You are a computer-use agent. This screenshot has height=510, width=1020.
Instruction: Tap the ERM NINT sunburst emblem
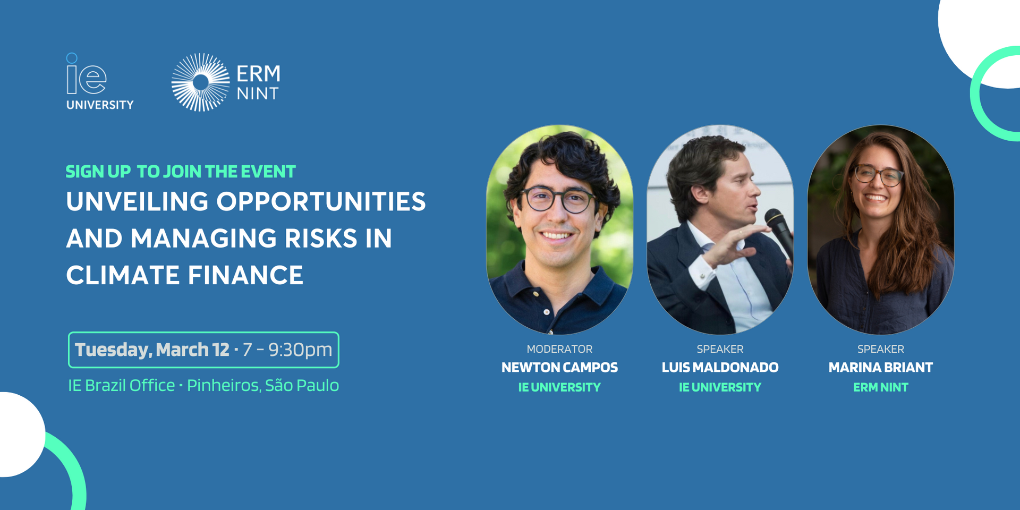tap(200, 82)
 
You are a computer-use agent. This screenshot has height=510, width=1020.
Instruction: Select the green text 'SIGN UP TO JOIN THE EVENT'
tap(181, 172)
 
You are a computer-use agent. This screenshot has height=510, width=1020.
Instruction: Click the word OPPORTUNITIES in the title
tap(321, 202)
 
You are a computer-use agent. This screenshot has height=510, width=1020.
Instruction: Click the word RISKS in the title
tap(321, 239)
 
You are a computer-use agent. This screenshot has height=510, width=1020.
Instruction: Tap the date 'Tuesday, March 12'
tap(152, 350)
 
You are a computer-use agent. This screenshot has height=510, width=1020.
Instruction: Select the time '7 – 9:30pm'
tap(287, 350)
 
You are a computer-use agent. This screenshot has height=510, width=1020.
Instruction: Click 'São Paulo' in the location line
tap(302, 385)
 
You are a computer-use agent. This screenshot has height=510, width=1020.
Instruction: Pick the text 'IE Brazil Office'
tap(121, 385)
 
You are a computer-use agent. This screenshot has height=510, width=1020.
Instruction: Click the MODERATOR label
tap(559, 349)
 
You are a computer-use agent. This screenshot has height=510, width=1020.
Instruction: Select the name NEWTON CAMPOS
tap(559, 368)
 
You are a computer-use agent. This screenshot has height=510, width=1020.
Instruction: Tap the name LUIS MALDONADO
tap(720, 368)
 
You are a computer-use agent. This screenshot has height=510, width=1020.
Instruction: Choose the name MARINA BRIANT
tap(880, 368)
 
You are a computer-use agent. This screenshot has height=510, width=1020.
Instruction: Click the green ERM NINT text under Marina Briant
tap(880, 388)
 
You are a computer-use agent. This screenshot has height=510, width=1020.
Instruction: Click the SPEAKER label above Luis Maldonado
tap(720, 349)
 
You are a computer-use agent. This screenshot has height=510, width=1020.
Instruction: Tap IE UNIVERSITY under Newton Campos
tap(559, 388)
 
